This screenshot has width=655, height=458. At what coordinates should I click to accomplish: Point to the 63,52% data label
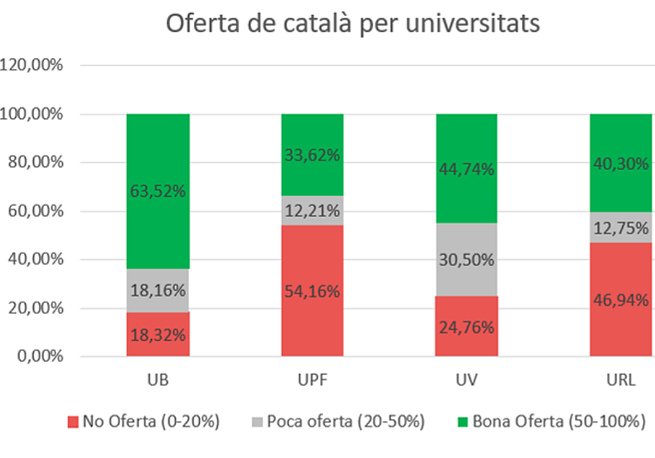coord(158,191)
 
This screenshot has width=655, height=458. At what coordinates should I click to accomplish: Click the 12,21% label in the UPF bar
coord(312,210)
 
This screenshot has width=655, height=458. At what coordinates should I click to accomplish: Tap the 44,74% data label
coord(467,170)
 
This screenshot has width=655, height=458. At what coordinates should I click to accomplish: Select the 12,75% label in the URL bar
coord(621,228)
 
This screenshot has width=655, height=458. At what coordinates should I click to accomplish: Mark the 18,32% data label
coord(158,335)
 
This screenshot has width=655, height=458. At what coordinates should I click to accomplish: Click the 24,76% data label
coord(467,328)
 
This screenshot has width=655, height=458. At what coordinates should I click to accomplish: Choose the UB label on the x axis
coord(158,380)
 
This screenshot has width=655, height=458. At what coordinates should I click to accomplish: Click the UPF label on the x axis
coord(312,380)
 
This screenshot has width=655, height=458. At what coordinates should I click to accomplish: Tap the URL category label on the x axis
coord(621,380)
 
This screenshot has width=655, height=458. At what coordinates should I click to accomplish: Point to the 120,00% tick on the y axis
coord(32,65)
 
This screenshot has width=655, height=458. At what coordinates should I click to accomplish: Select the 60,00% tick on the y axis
coord(32,211)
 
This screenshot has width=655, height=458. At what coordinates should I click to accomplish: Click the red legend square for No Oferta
coord(73,422)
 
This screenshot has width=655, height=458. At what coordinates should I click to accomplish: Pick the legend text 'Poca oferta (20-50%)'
coord(345,422)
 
